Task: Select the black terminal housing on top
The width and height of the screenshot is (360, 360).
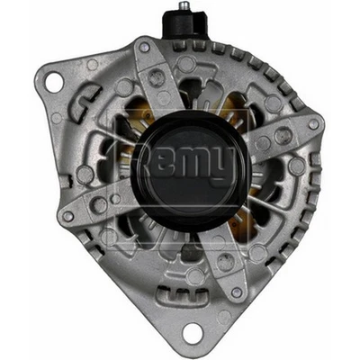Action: (180, 25)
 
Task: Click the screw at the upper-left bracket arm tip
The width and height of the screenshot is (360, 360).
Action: (144, 47)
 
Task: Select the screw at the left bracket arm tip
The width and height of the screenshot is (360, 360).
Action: (68, 216)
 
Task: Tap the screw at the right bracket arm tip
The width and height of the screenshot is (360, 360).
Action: (312, 123)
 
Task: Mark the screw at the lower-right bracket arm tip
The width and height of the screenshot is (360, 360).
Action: (236, 293)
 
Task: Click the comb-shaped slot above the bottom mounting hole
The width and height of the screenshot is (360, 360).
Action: (173, 296)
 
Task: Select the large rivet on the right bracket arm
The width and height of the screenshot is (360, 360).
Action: (283, 136)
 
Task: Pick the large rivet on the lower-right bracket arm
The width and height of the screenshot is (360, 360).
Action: (225, 262)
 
